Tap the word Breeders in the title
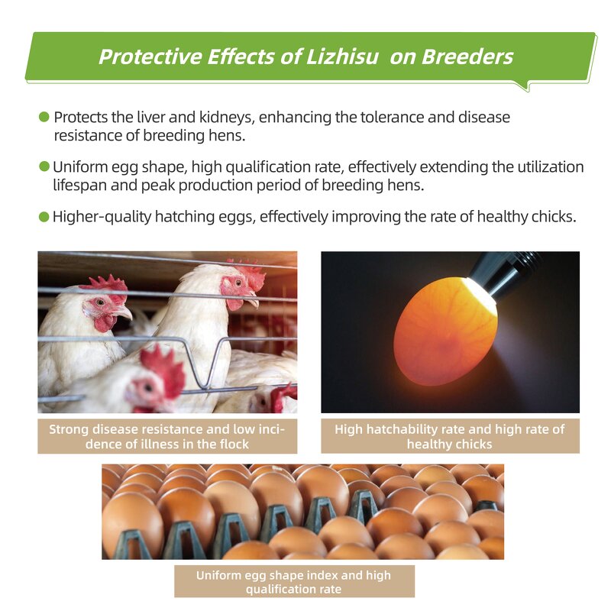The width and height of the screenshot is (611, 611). coord(468,57)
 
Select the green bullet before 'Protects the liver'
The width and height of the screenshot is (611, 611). coord(44,118)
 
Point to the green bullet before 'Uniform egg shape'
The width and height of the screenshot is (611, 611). coord(44,166)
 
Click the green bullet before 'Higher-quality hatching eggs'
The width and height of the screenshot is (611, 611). coord(44,217)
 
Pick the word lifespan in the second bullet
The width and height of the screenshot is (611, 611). coord(82,186)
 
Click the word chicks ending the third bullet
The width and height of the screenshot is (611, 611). coord(552,217)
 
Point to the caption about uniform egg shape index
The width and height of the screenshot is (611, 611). coord(294,582)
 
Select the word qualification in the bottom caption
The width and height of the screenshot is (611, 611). coord(280,590)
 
